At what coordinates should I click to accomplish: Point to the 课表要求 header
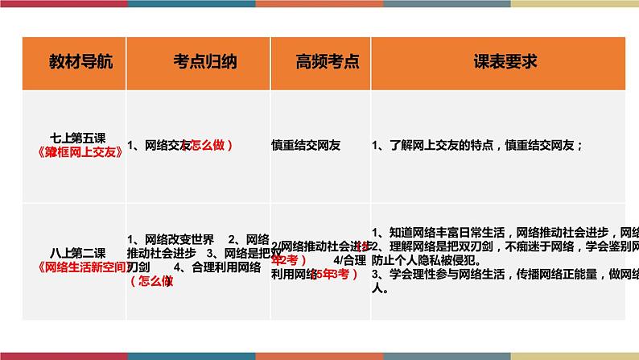point(505,62)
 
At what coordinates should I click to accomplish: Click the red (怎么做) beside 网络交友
point(208,146)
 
